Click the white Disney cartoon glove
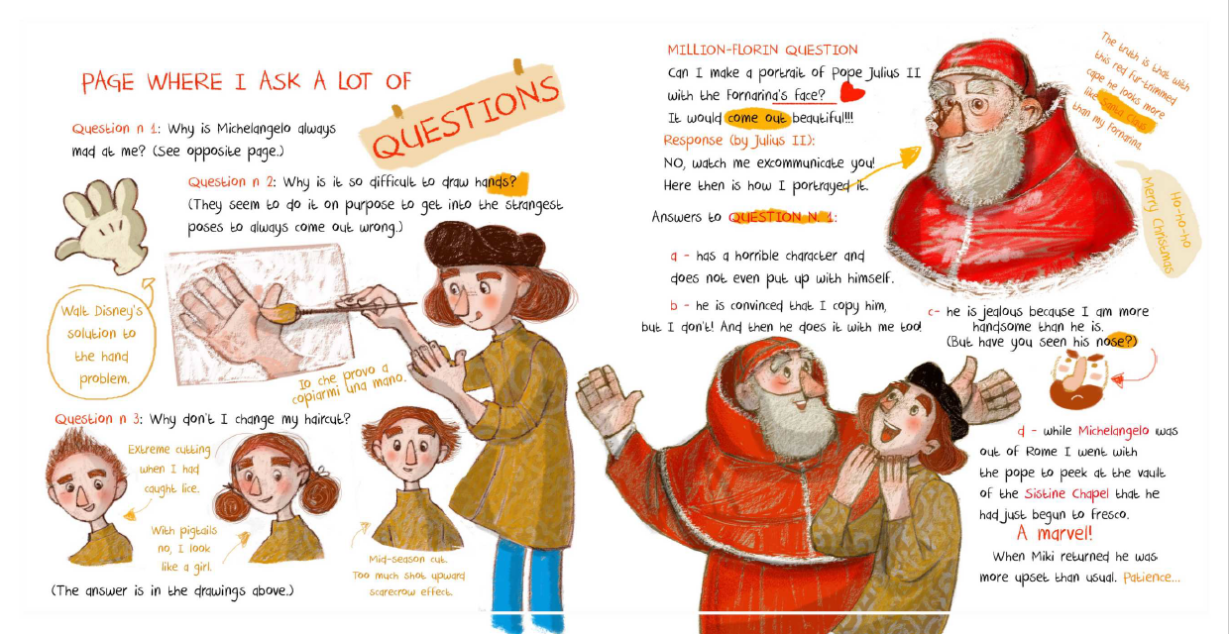pyautogui.click(x=101, y=225)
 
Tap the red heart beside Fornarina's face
pyautogui.click(x=851, y=92)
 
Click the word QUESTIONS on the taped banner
pyautogui.click(x=465, y=117)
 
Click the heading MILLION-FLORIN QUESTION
pyautogui.click(x=762, y=50)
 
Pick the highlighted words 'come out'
pyautogui.click(x=757, y=118)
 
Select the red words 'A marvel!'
pyautogui.click(x=1054, y=533)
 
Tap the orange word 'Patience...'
pyautogui.click(x=1151, y=578)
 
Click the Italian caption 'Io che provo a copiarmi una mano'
pyautogui.click(x=349, y=382)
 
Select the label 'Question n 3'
pyautogui.click(x=97, y=419)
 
